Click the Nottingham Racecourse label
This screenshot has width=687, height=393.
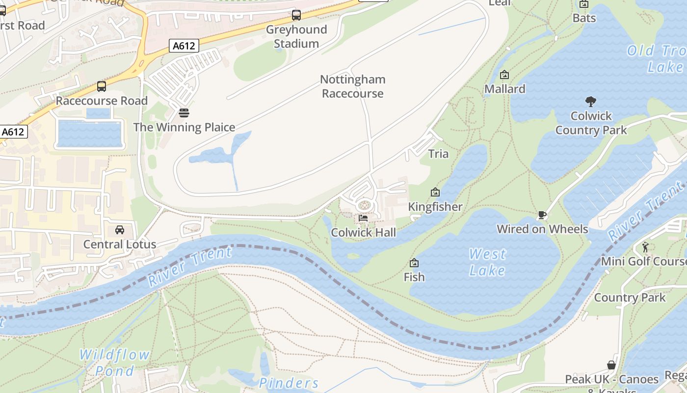point(352,86)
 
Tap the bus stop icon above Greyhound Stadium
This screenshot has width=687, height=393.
point(296,15)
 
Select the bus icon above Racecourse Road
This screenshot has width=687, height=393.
point(102,86)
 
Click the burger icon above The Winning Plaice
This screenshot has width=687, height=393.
point(184,113)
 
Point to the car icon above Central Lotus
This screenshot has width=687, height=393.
point(119,230)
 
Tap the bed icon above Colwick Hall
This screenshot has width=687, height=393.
point(363,218)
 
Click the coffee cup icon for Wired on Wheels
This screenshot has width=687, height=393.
point(542,215)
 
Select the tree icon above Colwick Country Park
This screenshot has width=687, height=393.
point(591,102)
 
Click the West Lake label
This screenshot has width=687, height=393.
point(487,262)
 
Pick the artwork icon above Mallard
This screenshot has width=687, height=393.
point(504,75)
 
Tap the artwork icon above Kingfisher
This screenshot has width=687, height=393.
point(435,192)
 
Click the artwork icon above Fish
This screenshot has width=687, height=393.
point(414,263)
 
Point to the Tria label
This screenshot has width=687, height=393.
point(438,154)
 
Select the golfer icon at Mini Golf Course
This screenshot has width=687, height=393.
point(645,247)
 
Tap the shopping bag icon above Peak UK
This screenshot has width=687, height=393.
point(611,365)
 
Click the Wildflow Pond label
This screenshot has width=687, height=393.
point(114,363)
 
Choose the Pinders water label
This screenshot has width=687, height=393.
point(289,383)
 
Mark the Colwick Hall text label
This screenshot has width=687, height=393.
point(363,232)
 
